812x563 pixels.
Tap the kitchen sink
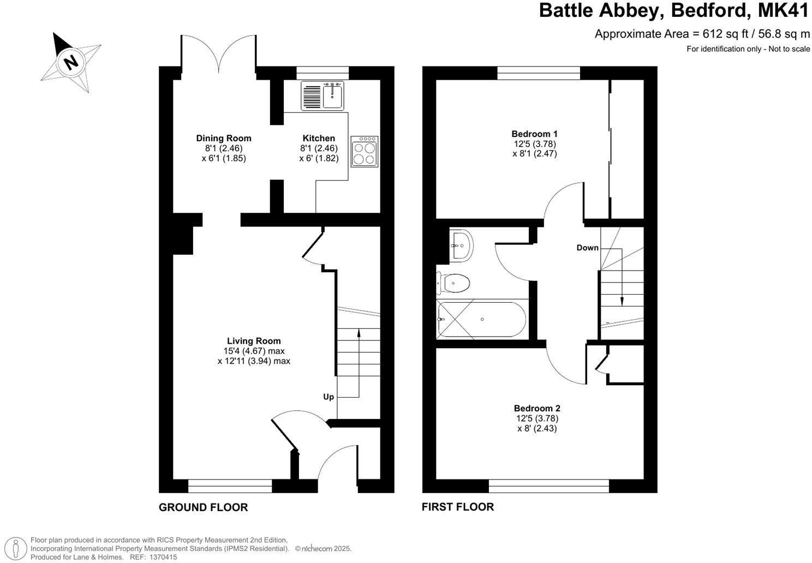[321, 96]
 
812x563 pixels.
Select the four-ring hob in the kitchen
[365, 151]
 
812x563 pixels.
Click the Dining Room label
[224, 138]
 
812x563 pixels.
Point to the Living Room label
[254, 341]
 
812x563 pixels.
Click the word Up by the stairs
[329, 397]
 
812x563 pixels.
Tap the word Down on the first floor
[587, 248]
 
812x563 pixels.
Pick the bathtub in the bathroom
[481, 320]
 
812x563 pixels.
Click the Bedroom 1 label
[534, 134]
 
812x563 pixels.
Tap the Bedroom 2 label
[537, 408]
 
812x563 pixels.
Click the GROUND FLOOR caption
[203, 507]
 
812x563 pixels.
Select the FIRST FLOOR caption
[458, 507]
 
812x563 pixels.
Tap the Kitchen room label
[319, 138]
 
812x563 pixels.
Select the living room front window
[230, 482]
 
